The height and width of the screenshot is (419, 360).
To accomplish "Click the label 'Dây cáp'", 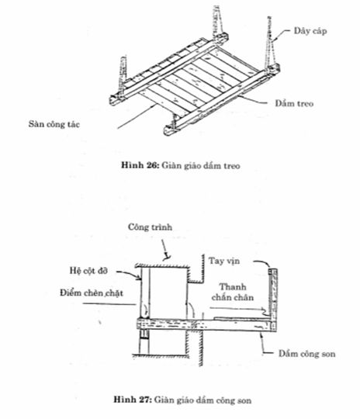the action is click(310, 31).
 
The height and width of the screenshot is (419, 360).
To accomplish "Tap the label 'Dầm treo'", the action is click(294, 103).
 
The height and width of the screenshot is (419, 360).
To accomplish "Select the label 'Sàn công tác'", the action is click(54, 124).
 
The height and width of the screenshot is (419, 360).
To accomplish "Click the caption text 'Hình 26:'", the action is click(140, 165).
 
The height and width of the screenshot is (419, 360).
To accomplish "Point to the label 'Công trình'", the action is click(150, 227).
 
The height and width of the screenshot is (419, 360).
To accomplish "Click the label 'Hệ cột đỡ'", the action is click(88, 271).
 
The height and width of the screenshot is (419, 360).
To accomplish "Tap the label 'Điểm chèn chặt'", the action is click(91, 293).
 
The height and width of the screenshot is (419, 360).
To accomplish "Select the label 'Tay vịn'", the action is click(224, 261).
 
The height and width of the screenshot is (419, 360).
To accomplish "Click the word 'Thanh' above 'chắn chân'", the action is click(233, 287).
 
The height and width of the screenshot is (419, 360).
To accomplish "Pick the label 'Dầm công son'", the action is click(306, 354).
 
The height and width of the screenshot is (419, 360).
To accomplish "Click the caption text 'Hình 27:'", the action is click(133, 400).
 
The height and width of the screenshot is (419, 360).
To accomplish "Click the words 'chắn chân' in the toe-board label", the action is click(233, 297).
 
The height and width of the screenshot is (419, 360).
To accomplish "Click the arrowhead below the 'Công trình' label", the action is click(168, 258).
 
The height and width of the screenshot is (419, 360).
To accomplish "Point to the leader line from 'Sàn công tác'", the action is click(137, 116).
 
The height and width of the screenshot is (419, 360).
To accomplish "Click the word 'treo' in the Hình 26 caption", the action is click(232, 166).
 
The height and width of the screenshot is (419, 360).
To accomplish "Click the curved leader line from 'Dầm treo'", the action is click(253, 99).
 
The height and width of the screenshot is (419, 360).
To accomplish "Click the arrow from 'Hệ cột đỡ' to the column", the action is click(129, 273).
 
